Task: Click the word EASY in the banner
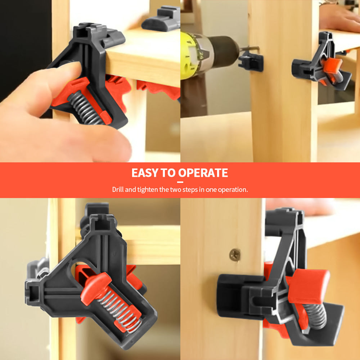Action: click(x=145, y=173)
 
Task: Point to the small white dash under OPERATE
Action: click(x=180, y=182)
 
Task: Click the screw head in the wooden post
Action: click(x=235, y=255)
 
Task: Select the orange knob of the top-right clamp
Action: click(x=331, y=66)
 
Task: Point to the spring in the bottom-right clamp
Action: click(x=317, y=317)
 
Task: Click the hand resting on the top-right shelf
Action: click(x=338, y=18)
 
